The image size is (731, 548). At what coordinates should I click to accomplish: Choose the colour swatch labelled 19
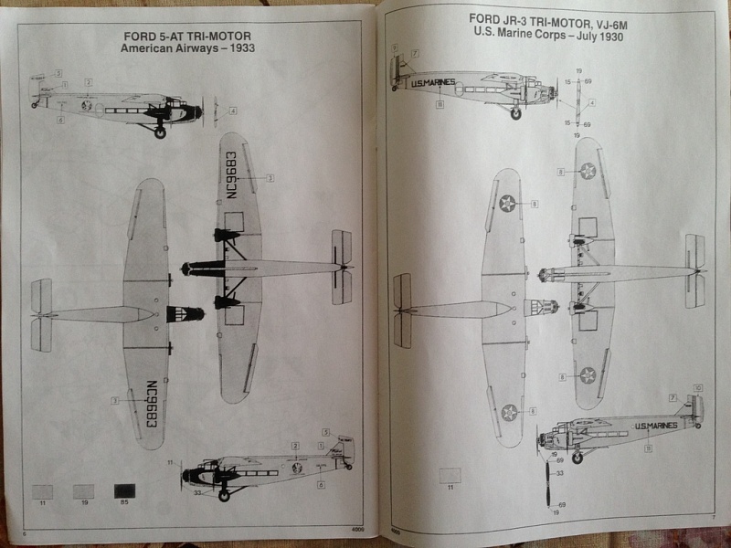tap(83, 491)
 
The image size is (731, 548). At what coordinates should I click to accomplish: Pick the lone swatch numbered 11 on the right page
tap(450, 476)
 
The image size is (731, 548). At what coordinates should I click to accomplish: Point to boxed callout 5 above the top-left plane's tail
tap(58, 72)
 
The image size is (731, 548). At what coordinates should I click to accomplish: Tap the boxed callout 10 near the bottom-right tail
tap(697, 388)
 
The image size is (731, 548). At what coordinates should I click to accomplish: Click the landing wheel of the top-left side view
tap(161, 132)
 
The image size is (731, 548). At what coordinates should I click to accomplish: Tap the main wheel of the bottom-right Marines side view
tap(577, 458)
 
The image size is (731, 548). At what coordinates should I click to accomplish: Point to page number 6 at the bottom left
tap(24, 532)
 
